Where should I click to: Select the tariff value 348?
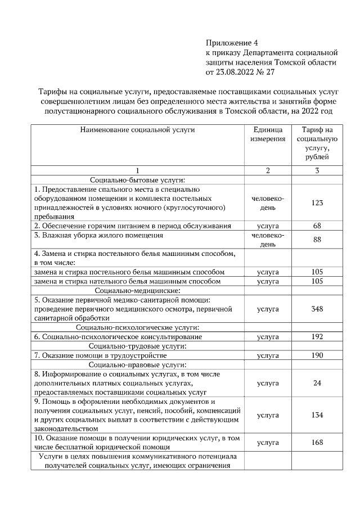317,309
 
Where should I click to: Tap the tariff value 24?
317,384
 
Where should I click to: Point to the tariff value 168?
317,443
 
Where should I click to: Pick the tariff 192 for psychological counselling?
317,337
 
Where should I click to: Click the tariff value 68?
317,226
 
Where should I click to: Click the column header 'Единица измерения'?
268,134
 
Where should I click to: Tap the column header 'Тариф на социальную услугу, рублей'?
317,143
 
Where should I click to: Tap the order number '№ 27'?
267,72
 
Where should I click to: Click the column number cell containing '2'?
268,170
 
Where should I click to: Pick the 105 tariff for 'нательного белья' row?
317,281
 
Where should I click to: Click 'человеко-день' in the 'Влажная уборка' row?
268,240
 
